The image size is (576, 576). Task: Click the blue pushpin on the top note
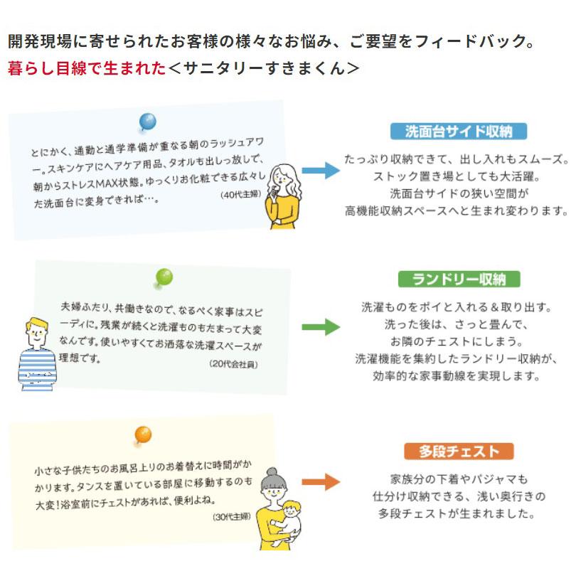[x=148, y=122]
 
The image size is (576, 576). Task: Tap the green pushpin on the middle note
[x=164, y=277]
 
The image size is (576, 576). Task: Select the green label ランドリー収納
[x=459, y=279]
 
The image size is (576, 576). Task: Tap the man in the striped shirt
[x=36, y=352]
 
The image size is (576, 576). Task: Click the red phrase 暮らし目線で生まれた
[x=86, y=68]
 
